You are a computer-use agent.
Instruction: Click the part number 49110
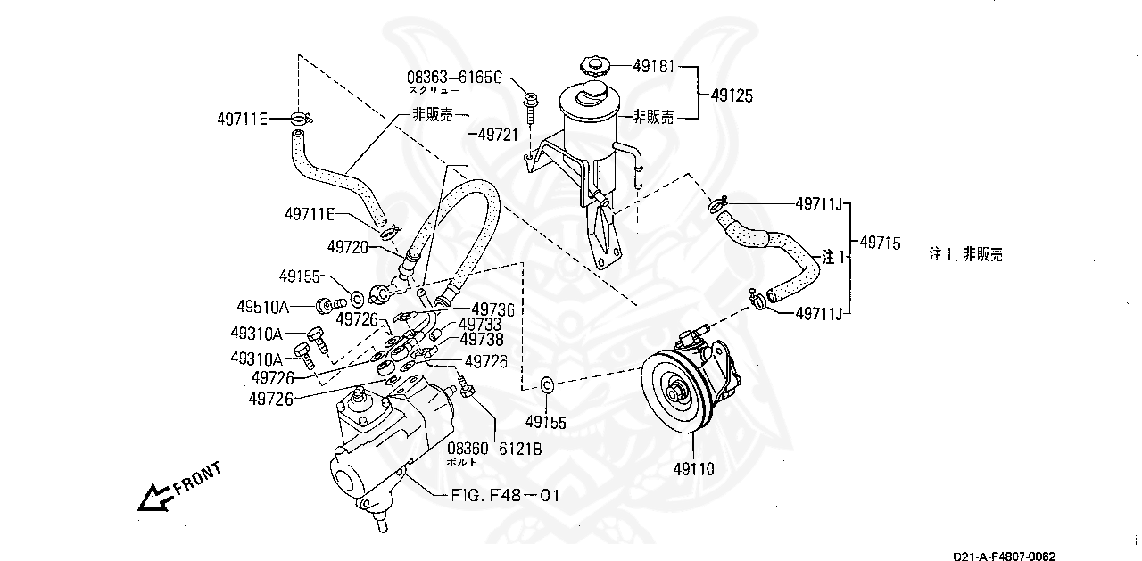(694, 466)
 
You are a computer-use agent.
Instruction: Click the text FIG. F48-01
(504, 494)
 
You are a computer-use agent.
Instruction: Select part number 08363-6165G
(455, 78)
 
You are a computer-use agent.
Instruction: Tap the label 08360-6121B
(494, 449)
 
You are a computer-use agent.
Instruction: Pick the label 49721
(498, 134)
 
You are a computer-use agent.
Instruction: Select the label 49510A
(263, 307)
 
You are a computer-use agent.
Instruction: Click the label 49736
(492, 309)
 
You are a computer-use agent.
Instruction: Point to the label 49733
(480, 325)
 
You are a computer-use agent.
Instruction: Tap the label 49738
(482, 340)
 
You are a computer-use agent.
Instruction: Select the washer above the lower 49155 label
(547, 385)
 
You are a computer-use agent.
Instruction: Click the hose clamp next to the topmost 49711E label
(301, 118)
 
